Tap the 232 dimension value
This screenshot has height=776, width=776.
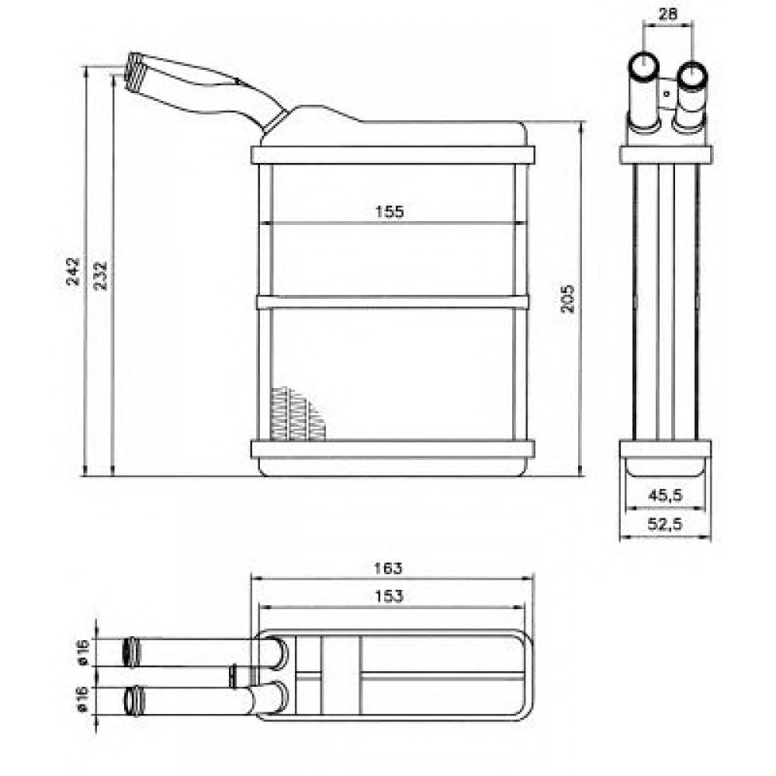[x=100, y=275]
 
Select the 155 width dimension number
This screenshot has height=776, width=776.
[x=390, y=212]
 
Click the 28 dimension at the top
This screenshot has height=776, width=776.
[x=668, y=14]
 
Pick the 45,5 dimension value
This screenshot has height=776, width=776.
[x=665, y=494]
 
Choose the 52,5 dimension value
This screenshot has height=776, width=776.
[x=665, y=523]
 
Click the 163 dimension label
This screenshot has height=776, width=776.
[x=388, y=568]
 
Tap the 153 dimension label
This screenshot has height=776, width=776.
[x=389, y=596]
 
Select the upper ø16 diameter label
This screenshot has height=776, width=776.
[x=83, y=653]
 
